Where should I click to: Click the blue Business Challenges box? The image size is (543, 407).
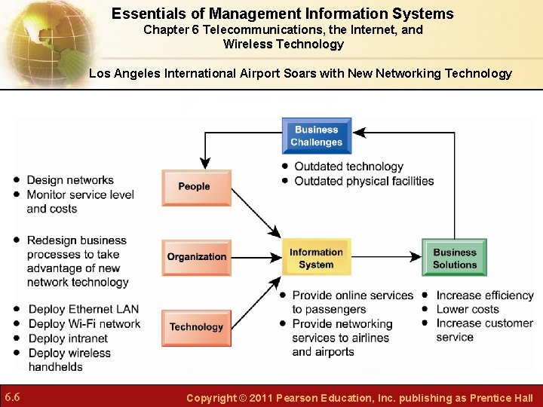[x=317, y=136]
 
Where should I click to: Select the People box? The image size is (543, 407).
[x=196, y=187]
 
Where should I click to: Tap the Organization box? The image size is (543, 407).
[x=196, y=257]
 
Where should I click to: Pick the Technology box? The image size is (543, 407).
[x=196, y=327]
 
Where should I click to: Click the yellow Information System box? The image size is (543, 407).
[x=316, y=258]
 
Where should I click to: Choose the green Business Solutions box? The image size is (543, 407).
[x=454, y=258]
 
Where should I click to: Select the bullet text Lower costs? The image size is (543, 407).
[x=468, y=309]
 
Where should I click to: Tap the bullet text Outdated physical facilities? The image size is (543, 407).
[x=364, y=181]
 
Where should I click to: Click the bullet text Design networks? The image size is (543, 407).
[x=70, y=180]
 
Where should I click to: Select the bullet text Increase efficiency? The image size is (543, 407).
[x=485, y=295]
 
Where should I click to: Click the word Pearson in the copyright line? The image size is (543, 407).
[x=301, y=398]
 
